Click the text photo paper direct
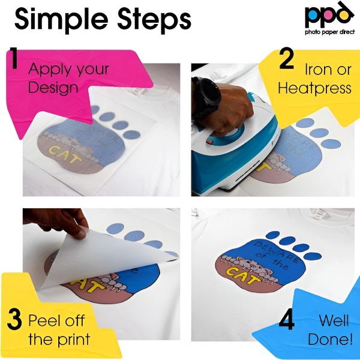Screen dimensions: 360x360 [329, 32]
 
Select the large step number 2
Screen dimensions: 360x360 [287, 59]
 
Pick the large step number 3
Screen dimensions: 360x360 [14, 319]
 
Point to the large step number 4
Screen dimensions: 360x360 [287, 319]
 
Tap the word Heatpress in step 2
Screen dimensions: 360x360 [314, 88]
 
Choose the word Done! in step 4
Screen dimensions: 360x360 [330, 339]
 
